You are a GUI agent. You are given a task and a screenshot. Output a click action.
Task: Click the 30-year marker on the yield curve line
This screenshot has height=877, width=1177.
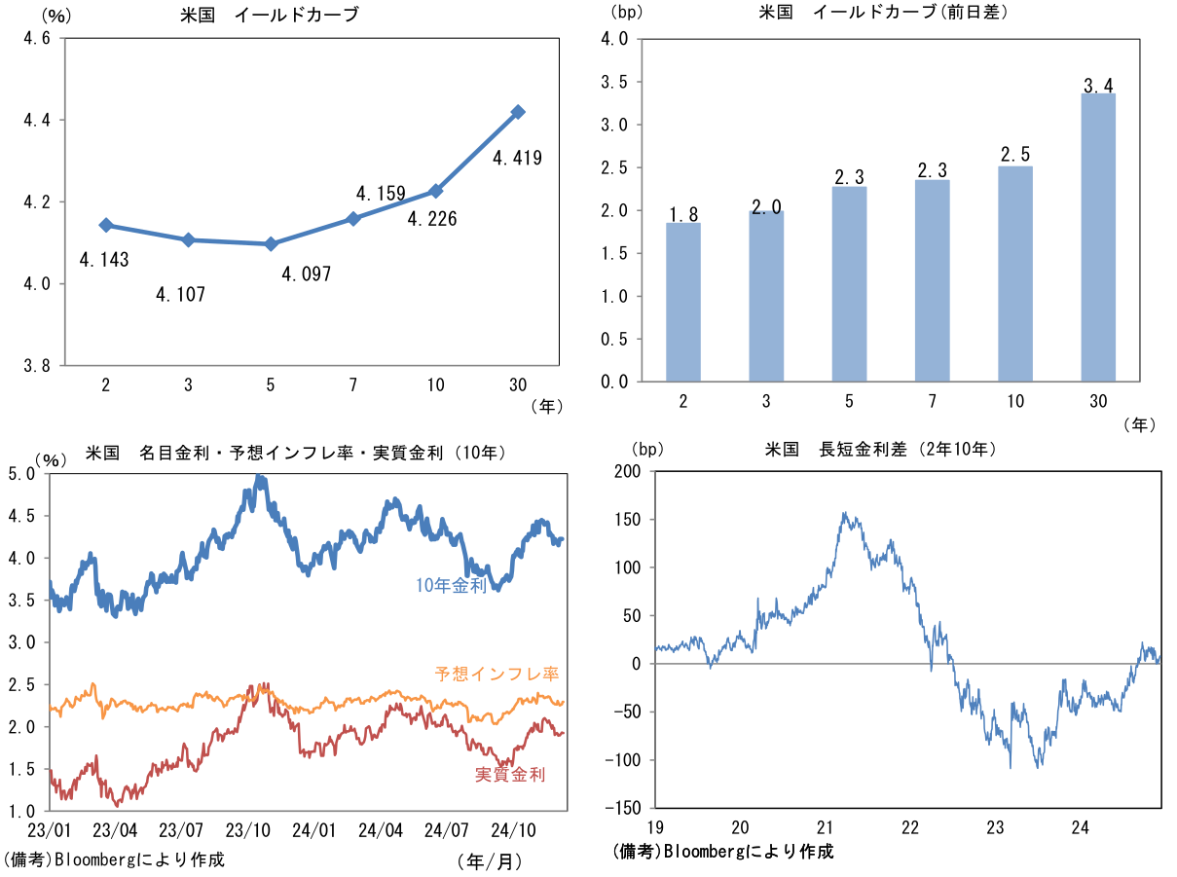click(x=518, y=112)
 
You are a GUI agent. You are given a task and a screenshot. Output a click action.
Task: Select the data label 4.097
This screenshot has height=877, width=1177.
click(x=307, y=274)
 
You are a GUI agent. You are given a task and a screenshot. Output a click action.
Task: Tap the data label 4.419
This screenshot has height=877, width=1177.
click(x=517, y=158)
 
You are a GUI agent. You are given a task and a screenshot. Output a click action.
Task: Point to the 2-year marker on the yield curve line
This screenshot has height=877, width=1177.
click(x=106, y=225)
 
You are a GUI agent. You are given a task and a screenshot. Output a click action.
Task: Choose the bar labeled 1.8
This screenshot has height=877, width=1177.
click(x=683, y=302)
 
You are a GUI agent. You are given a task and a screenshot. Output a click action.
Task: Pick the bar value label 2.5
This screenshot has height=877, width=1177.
click(x=1015, y=155)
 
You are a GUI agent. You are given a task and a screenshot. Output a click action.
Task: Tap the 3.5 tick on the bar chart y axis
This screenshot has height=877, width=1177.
click(x=613, y=82)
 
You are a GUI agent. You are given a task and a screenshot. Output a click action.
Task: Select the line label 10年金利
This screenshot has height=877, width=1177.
click(x=451, y=586)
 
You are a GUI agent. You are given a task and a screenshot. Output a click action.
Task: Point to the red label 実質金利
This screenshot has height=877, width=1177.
click(x=510, y=775)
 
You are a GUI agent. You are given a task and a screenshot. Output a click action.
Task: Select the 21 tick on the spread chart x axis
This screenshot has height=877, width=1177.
click(x=826, y=828)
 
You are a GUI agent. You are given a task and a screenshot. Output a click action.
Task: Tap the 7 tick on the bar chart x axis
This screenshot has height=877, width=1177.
click(x=933, y=400)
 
